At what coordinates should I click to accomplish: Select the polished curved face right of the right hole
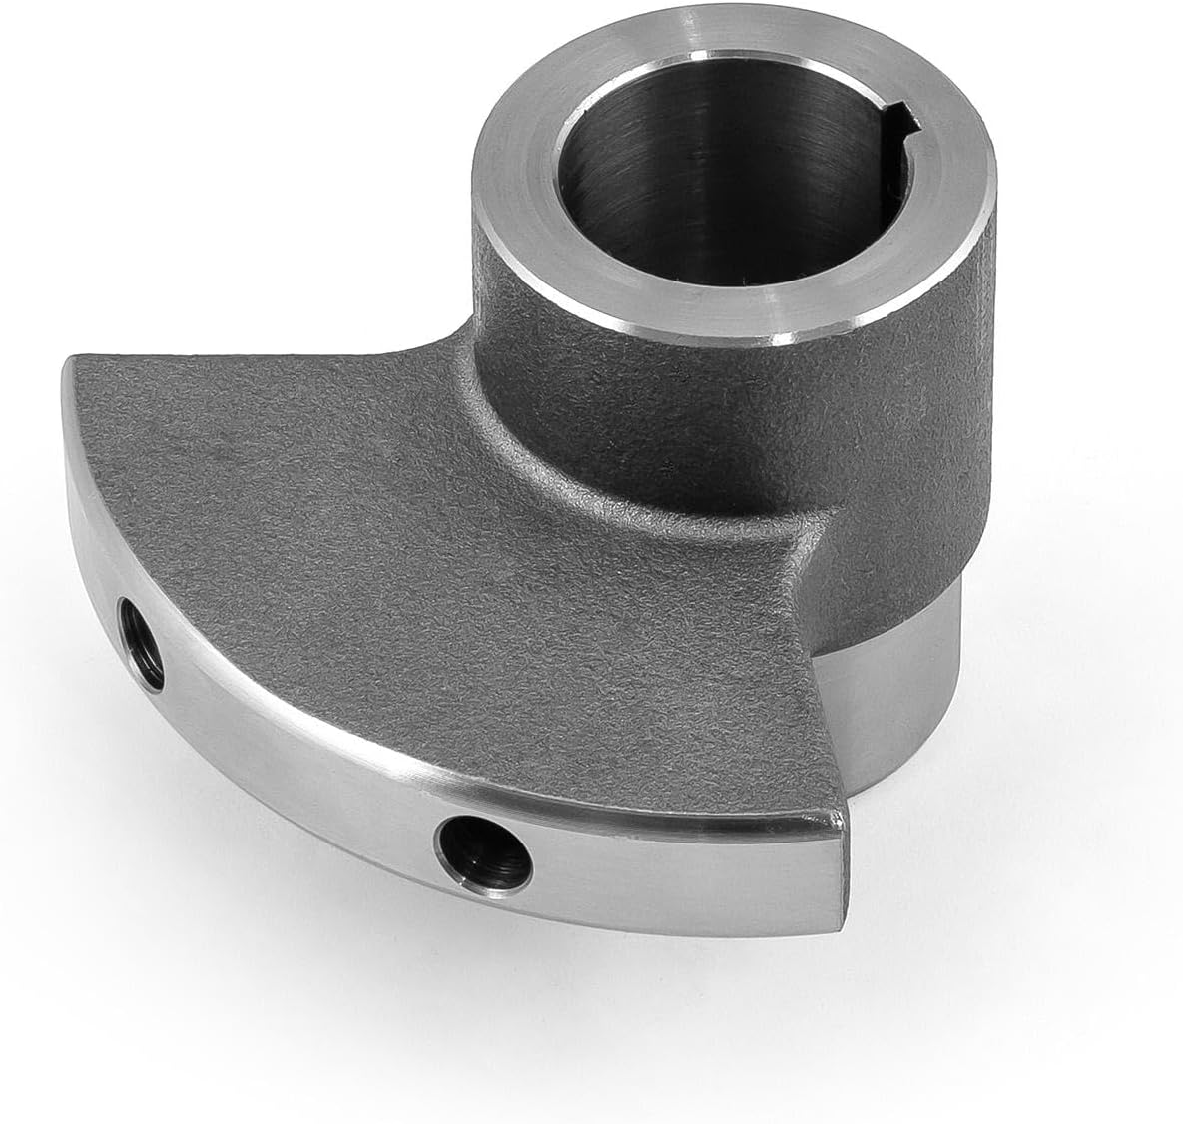(679, 868)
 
